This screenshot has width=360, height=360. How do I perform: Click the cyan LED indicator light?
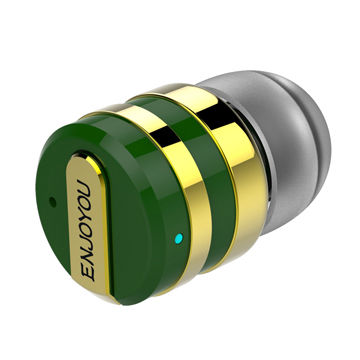tap(179, 238)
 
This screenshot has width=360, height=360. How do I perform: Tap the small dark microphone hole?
tap(52, 202)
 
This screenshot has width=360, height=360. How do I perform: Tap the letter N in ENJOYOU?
tap(88, 256)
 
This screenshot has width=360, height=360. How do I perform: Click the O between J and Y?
tap(87, 229)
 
